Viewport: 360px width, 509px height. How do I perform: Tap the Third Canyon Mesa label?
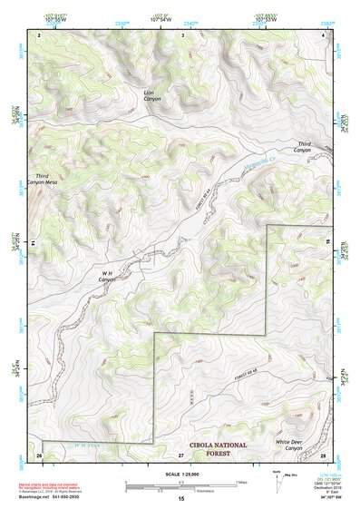tap(54, 180)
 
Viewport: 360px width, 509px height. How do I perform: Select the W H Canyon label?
tap(110, 277)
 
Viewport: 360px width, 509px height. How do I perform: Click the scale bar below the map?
tap(181, 485)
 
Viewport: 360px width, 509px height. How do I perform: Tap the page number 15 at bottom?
tap(181, 500)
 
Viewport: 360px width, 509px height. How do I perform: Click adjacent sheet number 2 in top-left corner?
tap(40, 34)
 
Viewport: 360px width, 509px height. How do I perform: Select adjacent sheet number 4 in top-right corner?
tap(324, 34)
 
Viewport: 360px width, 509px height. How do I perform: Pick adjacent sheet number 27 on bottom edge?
tap(181, 454)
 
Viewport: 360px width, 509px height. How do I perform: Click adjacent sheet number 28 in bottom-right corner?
tap(323, 454)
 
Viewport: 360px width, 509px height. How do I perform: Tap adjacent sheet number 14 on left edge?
tap(34, 244)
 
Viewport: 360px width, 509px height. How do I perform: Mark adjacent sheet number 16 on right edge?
tap(328, 244)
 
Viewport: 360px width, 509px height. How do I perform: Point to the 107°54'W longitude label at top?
tap(182, 17)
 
